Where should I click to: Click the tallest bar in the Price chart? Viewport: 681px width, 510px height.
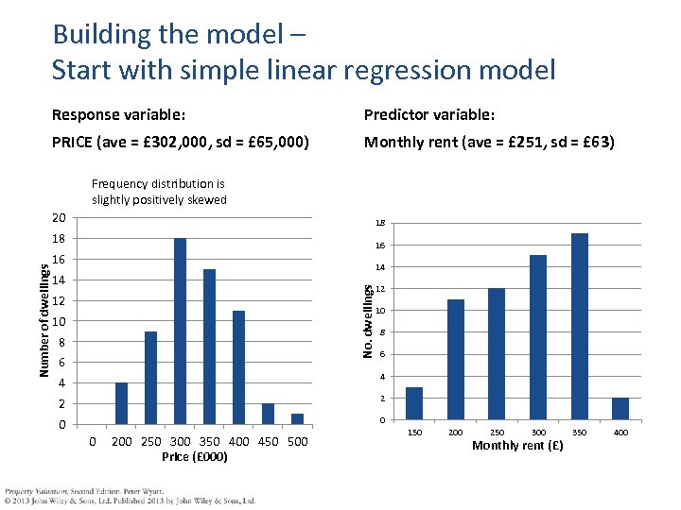[180, 331]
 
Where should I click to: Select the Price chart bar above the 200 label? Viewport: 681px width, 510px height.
[121, 403]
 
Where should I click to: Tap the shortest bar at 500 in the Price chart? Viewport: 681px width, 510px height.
[297, 418]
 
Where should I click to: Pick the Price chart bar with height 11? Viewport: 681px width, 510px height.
[238, 367]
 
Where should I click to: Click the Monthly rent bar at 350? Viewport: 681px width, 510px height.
[580, 326]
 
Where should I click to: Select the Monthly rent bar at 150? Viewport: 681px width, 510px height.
[414, 403]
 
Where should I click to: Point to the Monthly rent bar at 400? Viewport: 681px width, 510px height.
[620, 409]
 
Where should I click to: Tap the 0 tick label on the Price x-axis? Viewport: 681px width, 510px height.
[92, 442]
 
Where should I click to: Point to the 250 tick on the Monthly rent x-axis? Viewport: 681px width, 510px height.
[497, 433]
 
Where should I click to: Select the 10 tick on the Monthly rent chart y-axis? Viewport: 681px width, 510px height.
[380, 311]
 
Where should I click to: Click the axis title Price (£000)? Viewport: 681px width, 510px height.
[194, 457]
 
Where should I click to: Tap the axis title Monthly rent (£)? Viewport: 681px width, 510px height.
[516, 445]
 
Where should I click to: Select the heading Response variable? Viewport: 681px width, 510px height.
[118, 115]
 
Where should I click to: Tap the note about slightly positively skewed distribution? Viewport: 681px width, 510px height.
[159, 192]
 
